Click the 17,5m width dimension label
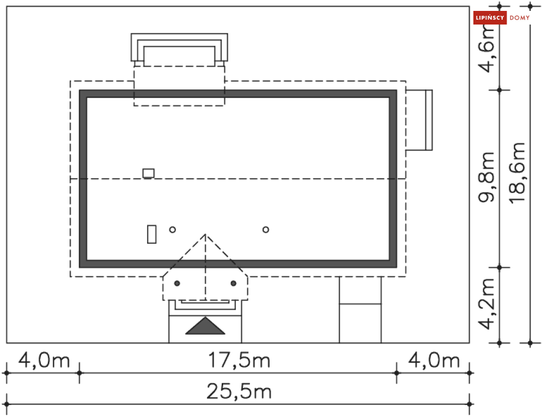tap(239, 360)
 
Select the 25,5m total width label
tap(239, 392)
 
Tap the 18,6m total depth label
tap(518, 173)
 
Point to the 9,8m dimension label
tap(486, 177)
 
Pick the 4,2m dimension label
tap(486, 304)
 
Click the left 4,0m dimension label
tap(44, 360)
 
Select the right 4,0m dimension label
tap(434, 360)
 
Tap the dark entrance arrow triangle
tap(205, 326)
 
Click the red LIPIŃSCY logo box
tap(490, 17)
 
